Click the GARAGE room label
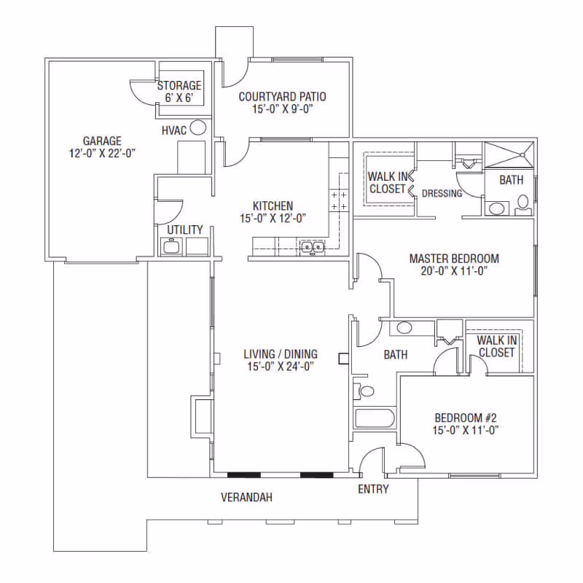tap(102, 141)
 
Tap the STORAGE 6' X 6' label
tap(179, 92)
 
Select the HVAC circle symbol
tap(197, 128)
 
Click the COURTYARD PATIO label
tap(282, 97)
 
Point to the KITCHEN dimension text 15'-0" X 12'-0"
tap(273, 218)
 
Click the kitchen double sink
tap(313, 247)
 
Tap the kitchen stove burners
tap(339, 200)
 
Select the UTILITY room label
tap(185, 230)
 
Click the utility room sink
tap(171, 246)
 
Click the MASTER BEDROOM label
tap(454, 259)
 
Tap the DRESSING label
tap(442, 193)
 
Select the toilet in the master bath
tap(523, 205)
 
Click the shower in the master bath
tap(509, 155)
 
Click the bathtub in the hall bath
tap(375, 418)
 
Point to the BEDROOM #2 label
tap(466, 418)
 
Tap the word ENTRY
tap(373, 489)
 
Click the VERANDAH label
tap(246, 497)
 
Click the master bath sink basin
tap(497, 208)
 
